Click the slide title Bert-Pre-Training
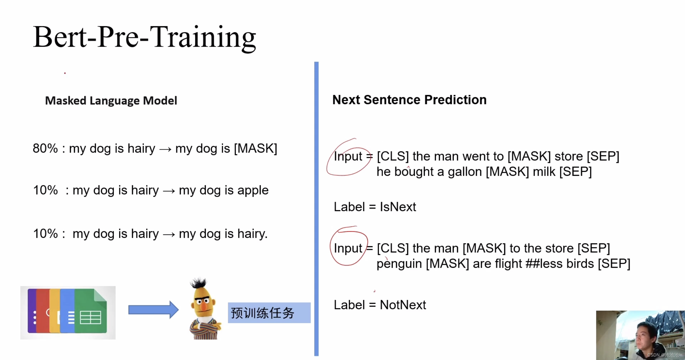coord(145,38)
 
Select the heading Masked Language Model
coord(111,101)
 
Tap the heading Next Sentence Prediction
coord(409,100)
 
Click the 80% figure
coord(45,148)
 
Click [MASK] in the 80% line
coord(255,149)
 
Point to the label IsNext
coord(398,207)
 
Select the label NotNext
coord(403,305)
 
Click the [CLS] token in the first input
coord(393,156)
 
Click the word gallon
coord(465,172)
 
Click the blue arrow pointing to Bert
coord(154,310)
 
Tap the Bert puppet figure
coord(204,309)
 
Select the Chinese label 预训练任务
coord(262,313)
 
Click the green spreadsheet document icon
coord(91,311)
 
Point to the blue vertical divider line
coord(316,209)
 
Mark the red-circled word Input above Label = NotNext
coord(348,248)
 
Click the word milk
coord(544,172)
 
